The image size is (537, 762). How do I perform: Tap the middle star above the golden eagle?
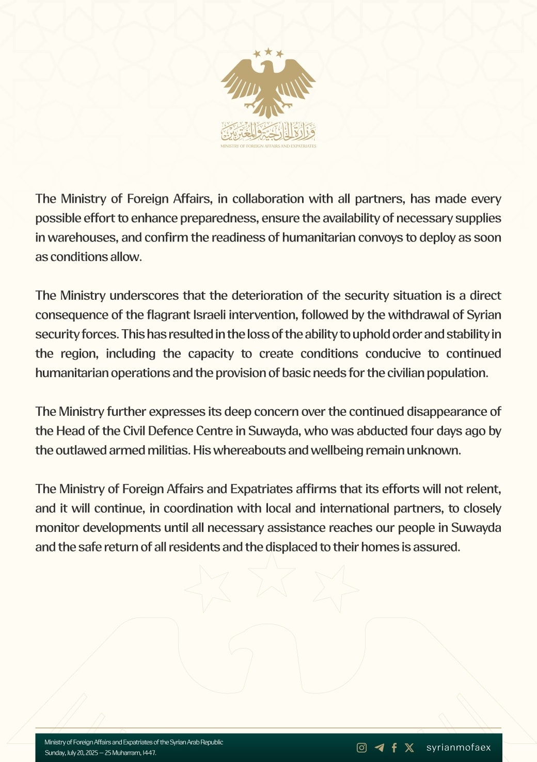pos(268,51)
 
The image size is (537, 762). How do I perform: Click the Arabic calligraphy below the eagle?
pos(268,132)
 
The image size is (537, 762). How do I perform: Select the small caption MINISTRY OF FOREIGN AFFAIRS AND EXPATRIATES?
pos(268,146)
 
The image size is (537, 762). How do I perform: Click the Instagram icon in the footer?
pos(362,748)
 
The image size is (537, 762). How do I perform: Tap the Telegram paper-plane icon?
pos(380,748)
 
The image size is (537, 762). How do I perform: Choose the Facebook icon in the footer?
pos(394,748)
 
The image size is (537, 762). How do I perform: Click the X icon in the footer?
pos(409,748)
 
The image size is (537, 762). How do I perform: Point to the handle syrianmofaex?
pos(459,748)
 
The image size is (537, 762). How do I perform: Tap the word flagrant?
pos(169,315)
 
